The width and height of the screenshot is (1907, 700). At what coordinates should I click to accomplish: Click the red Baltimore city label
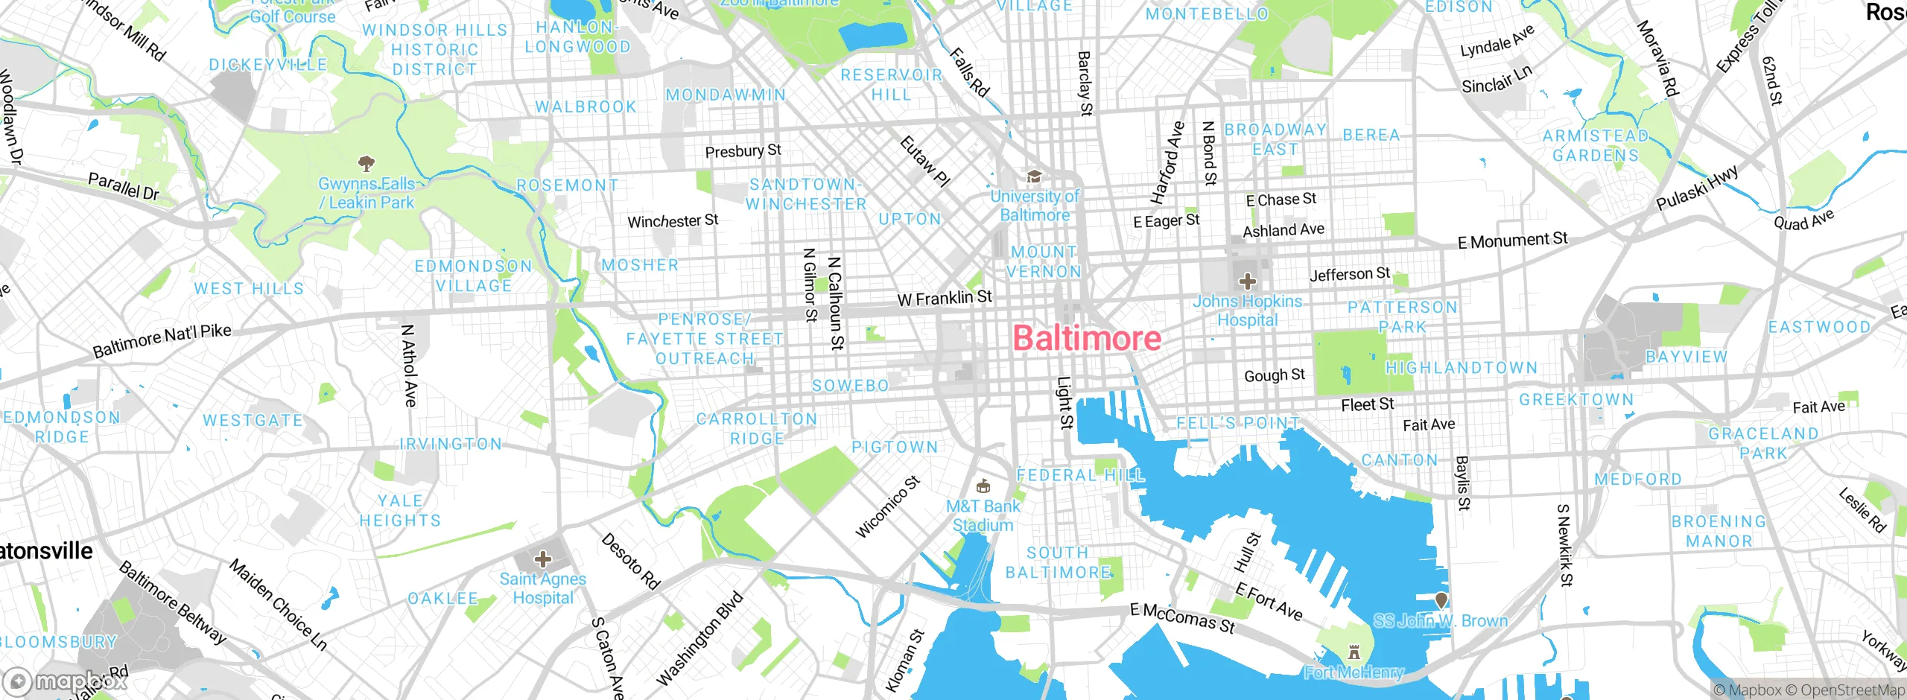point(1087,339)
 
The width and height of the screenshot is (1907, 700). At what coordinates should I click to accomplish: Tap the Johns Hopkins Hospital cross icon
point(1247,281)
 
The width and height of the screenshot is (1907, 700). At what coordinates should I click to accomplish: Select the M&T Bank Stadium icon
point(983,486)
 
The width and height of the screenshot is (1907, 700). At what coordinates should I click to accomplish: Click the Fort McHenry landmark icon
point(1354,652)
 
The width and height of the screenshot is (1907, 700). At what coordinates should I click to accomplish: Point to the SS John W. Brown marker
point(1441,599)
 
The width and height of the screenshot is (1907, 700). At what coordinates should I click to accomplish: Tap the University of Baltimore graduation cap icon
point(1034,176)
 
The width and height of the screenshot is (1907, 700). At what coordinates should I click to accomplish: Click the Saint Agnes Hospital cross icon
point(543,559)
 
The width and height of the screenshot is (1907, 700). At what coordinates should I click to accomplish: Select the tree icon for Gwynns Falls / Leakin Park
point(366,162)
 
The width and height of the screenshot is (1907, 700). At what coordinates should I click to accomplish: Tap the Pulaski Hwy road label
point(1697,188)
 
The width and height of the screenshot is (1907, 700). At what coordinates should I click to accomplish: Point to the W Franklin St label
point(945,298)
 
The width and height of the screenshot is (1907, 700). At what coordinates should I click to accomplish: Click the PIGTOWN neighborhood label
point(895,447)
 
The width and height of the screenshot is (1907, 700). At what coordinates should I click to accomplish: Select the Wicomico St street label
point(888,506)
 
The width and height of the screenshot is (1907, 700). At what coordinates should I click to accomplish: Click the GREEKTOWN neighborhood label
point(1576,400)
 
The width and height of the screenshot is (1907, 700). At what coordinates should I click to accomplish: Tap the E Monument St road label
point(1512,241)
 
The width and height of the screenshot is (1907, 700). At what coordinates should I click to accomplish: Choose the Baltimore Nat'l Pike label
point(162,340)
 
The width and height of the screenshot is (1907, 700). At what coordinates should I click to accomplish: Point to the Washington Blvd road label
point(699,638)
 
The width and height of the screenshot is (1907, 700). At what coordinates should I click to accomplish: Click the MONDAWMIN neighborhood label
point(726,95)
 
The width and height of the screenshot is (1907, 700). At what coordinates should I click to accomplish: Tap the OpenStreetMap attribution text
point(1852,690)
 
